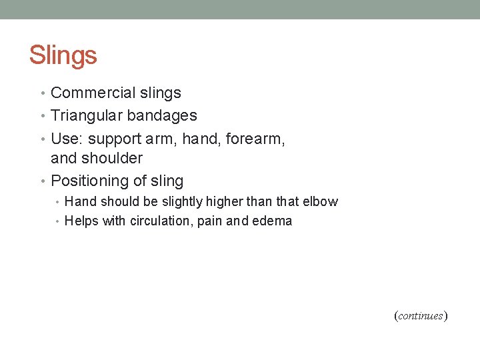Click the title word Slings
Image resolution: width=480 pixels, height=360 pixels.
(63, 55)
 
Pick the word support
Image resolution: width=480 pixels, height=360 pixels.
(115, 139)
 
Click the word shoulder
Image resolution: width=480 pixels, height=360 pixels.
(113, 158)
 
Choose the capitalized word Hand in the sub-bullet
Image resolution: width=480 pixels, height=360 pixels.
(81, 201)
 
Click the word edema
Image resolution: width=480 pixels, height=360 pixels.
(272, 221)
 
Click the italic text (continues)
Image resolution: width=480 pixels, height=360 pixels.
(420, 316)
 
